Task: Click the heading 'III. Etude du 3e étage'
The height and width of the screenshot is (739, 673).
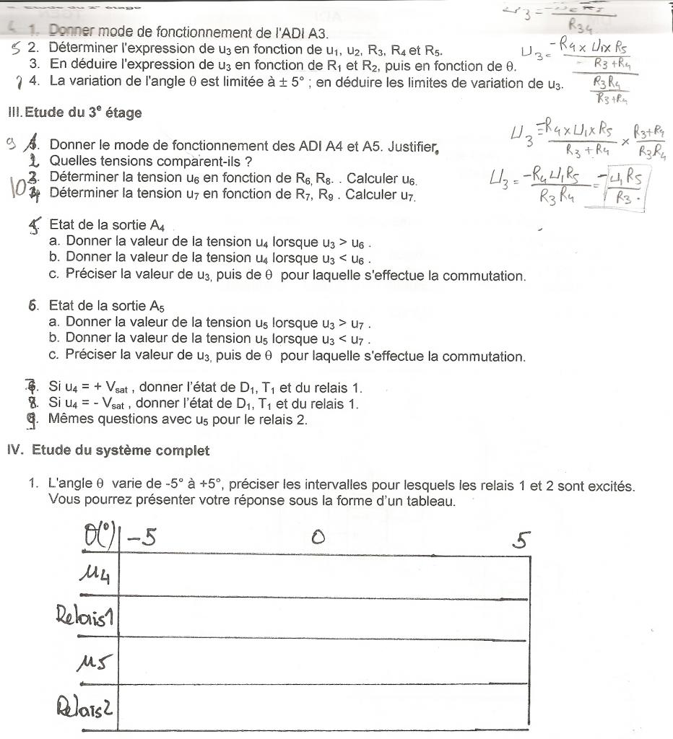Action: tap(74, 113)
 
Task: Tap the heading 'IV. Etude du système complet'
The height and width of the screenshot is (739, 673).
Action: tap(108, 450)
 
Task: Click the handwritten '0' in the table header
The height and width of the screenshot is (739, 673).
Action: tap(316, 537)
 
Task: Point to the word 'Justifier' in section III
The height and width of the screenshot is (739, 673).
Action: tap(412, 146)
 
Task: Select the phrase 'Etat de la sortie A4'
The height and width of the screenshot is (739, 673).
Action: tap(108, 225)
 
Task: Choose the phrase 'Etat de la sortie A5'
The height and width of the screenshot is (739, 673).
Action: tap(108, 306)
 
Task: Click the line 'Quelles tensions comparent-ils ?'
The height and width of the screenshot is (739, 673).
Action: tap(150, 161)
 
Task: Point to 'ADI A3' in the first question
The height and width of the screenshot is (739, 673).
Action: tap(303, 33)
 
